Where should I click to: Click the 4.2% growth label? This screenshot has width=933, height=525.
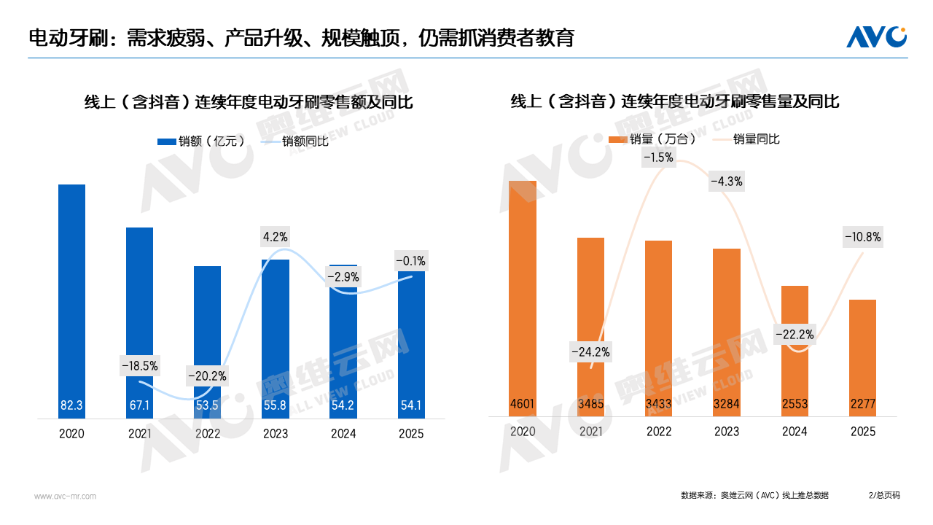(x=275, y=236)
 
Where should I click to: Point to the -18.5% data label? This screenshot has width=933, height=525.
(x=139, y=365)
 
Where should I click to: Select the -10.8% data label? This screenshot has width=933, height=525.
(x=862, y=236)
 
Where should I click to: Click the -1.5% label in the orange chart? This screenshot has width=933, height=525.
(x=658, y=157)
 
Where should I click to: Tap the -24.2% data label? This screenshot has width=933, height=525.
(x=590, y=352)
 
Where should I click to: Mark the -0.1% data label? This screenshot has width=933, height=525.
(x=410, y=260)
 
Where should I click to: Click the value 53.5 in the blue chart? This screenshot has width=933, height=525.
(x=207, y=405)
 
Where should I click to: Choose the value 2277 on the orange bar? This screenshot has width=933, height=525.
(x=862, y=404)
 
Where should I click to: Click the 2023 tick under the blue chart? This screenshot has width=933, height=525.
(x=275, y=434)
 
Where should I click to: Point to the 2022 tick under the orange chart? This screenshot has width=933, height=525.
(x=658, y=432)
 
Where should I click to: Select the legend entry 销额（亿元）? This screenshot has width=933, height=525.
(x=202, y=141)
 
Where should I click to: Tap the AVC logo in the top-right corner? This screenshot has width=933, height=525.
(x=876, y=36)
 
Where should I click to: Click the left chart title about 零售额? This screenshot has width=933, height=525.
(x=249, y=103)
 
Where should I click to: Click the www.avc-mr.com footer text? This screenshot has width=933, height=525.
(x=66, y=497)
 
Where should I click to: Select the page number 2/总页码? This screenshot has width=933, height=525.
(x=884, y=495)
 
